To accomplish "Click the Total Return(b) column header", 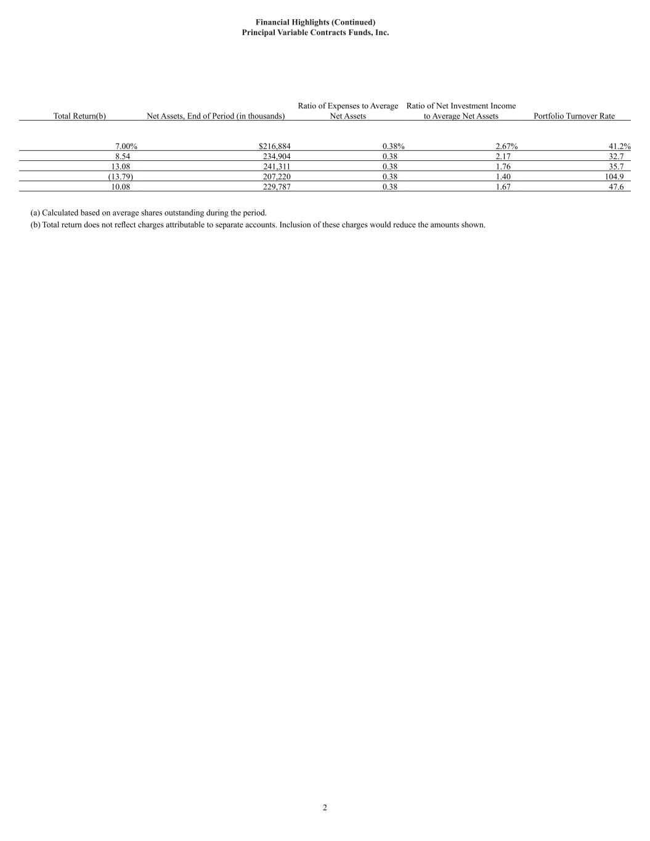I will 79,116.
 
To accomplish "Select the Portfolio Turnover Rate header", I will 574,116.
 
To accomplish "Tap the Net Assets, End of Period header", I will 216,116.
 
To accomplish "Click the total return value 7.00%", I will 126,147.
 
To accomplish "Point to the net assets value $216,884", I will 274,147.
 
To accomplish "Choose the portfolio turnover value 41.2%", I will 619,147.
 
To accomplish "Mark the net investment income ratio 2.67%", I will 506,147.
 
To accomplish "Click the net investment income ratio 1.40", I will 503,177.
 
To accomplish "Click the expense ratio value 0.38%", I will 393,147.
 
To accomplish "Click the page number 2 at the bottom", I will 325,808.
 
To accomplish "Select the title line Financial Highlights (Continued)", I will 315,22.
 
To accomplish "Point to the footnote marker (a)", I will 35,213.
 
